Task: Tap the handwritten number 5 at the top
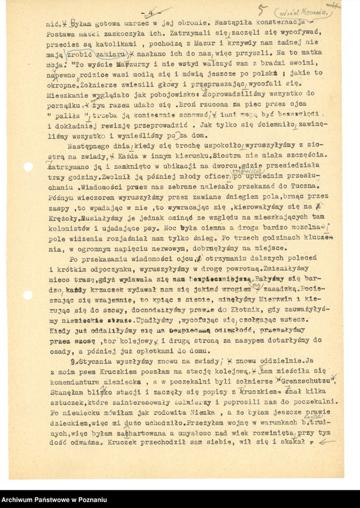pos(262,10)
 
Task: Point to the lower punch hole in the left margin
pos(27,295)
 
